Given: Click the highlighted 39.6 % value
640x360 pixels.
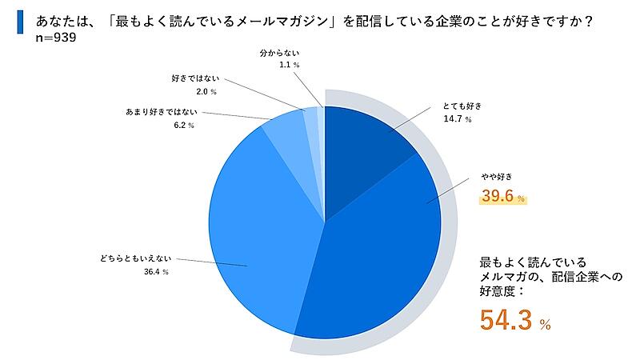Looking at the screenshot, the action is click(503, 196).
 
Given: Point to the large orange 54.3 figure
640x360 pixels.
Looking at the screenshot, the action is click(506, 320).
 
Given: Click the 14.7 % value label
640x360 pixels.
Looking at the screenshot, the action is click(457, 119).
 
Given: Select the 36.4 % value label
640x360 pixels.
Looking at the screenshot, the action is click(156, 272).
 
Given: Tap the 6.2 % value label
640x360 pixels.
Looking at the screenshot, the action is click(184, 126).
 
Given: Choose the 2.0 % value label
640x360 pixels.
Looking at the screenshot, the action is click(206, 92).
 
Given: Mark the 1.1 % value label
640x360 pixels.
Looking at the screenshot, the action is click(290, 65).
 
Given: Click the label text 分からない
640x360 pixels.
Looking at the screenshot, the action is click(279, 53).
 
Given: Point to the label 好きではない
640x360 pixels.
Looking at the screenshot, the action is click(195, 78).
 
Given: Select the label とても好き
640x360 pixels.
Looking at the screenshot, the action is click(462, 106).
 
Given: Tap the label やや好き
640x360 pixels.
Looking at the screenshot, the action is click(496, 177).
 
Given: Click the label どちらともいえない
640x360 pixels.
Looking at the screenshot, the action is click(135, 258).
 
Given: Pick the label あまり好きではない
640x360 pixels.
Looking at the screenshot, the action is click(162, 112).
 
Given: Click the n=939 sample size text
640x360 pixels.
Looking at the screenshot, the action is click(56, 38).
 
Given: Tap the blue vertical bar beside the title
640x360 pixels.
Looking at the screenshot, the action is click(20, 22).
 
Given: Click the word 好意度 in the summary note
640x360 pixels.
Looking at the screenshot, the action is click(496, 291).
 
